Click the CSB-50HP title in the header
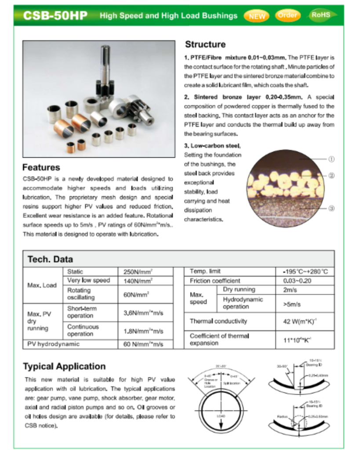click(55, 16)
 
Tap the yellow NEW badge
click(257, 16)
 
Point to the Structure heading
click(205, 44)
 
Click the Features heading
click(41, 167)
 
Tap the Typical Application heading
click(64, 366)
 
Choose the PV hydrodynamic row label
click(53, 344)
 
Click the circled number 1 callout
click(331, 159)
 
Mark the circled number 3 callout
click(331, 208)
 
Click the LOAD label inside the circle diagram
click(221, 414)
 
